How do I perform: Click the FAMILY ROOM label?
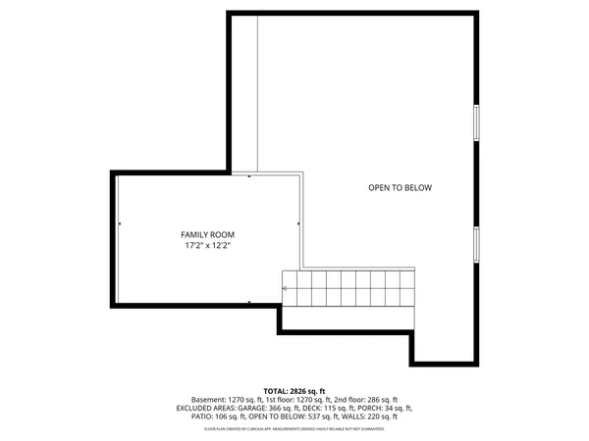coord(207,234)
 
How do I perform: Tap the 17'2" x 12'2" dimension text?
coord(207,246)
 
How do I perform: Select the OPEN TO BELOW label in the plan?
coord(400,188)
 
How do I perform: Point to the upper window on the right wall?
coord(477,123)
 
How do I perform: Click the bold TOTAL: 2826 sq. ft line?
coord(294,391)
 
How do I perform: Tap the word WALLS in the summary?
coord(358,416)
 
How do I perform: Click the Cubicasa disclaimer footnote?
coord(294,428)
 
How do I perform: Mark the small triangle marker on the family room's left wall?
coord(120,224)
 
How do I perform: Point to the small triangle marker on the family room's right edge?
coord(295,224)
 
